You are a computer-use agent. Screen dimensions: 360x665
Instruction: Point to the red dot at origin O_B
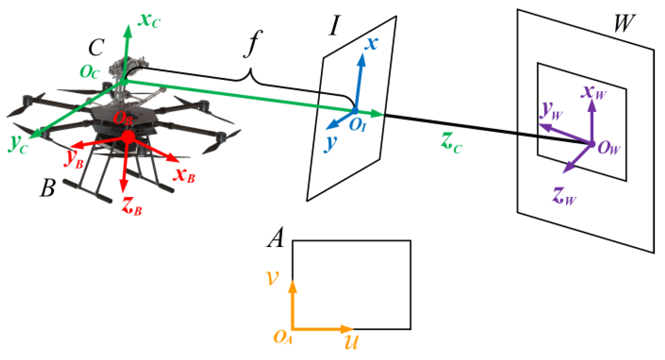tap(128, 137)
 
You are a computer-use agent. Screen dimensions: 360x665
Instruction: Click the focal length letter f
tap(253, 44)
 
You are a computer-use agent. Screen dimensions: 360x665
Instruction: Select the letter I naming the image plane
tap(335, 26)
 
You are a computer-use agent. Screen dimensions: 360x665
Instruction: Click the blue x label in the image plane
tap(371, 43)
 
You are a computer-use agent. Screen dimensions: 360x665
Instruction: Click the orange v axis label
tap(272, 277)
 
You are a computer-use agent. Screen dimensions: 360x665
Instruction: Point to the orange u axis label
tap(351, 342)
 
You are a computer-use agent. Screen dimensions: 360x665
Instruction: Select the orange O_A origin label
tap(283, 338)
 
